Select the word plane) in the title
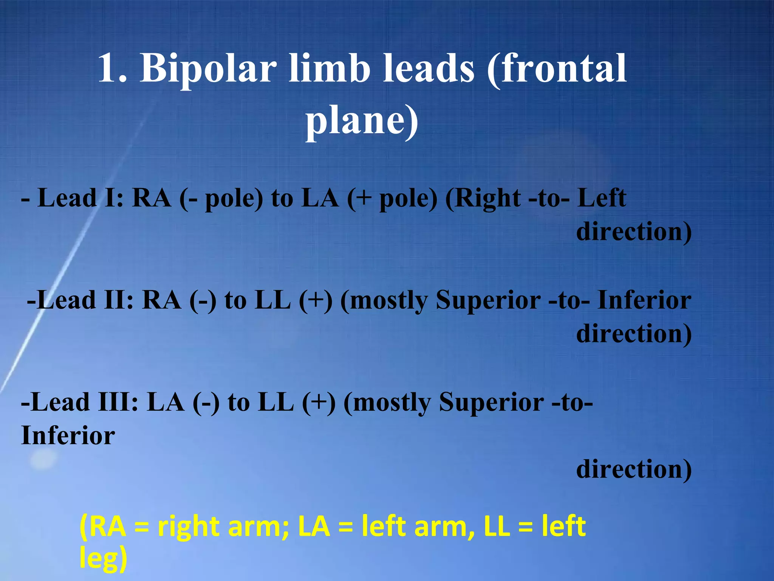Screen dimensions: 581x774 point(362,121)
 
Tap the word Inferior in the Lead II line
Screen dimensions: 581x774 point(644,300)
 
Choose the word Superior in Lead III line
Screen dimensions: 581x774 point(491,402)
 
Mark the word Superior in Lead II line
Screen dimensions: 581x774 point(488,300)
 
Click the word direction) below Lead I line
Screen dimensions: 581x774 point(634,231)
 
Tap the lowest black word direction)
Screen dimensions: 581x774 point(634,469)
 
